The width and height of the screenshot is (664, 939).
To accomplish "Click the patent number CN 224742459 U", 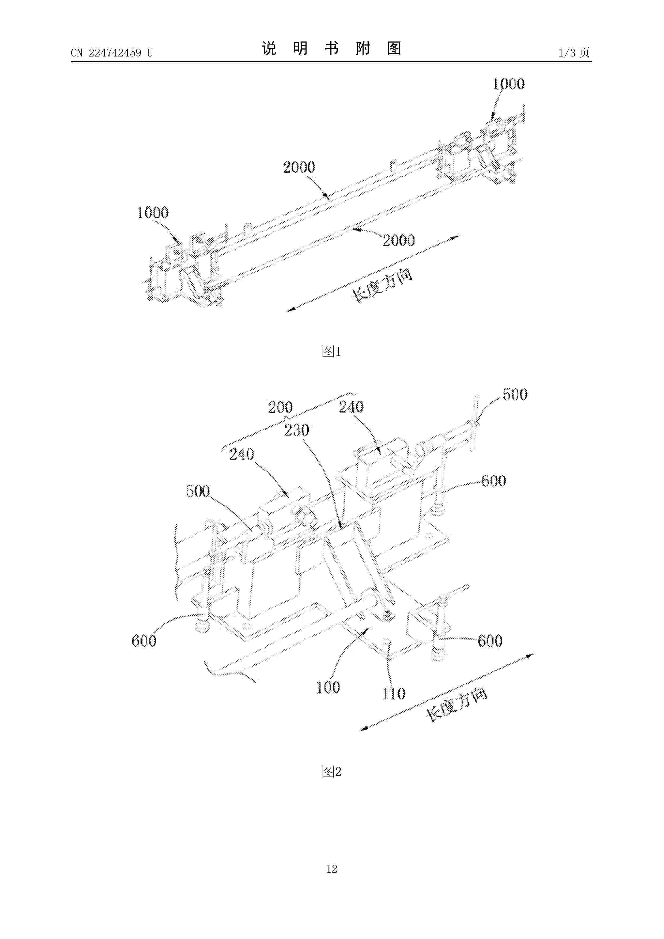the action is [112, 53].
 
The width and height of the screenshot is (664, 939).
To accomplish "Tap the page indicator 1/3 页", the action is [574, 52].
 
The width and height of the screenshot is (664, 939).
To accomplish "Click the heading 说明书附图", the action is [331, 48].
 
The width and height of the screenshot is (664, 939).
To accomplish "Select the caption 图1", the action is [331, 351].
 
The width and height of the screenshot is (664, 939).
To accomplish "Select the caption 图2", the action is [331, 771].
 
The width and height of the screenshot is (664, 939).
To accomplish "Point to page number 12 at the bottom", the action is [332, 880].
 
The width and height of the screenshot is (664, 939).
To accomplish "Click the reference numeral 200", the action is [281, 407].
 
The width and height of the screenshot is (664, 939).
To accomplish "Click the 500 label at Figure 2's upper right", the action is [515, 394].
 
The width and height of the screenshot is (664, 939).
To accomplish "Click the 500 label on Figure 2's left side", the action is [198, 491].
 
